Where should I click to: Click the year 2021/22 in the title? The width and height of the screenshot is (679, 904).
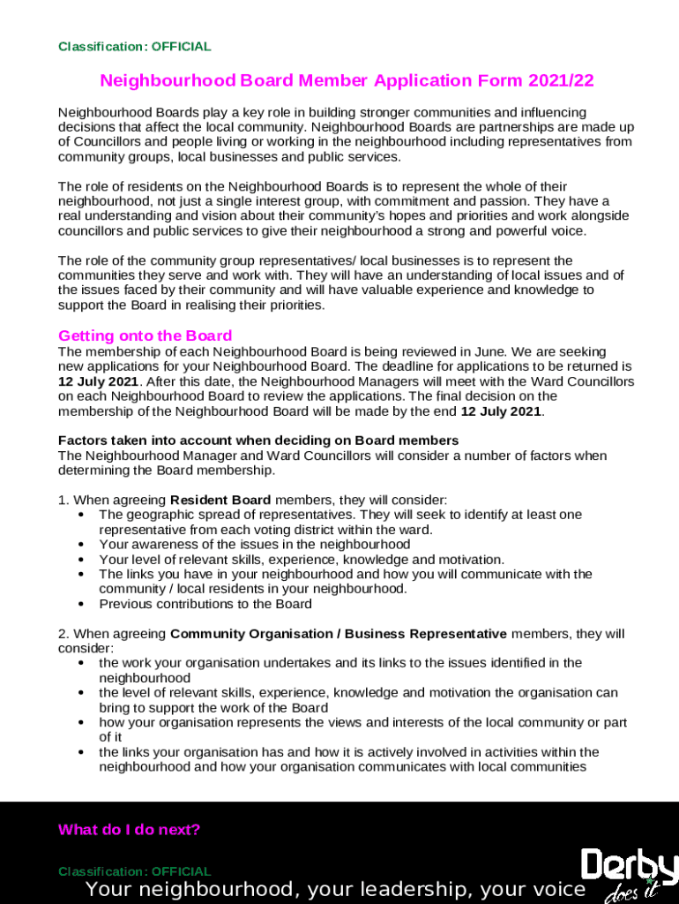pyautogui.click(x=561, y=81)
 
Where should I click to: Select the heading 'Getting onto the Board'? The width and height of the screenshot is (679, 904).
pyautogui.click(x=145, y=335)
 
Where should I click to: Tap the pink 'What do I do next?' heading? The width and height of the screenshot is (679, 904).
pyautogui.click(x=129, y=830)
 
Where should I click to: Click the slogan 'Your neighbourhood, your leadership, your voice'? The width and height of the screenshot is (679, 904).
pyautogui.click(x=336, y=889)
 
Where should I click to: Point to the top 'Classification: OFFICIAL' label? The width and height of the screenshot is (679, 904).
pyautogui.click(x=134, y=47)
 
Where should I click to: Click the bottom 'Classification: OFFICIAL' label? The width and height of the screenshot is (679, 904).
pyautogui.click(x=134, y=871)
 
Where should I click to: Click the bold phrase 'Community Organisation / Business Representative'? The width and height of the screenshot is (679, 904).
pyautogui.click(x=339, y=634)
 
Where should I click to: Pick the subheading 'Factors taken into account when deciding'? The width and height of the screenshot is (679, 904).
pyautogui.click(x=258, y=441)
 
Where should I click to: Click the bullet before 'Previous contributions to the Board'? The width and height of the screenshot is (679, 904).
pyautogui.click(x=81, y=605)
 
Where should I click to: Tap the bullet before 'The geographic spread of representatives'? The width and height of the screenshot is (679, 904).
pyautogui.click(x=81, y=515)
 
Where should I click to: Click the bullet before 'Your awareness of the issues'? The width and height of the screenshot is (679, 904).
pyautogui.click(x=81, y=545)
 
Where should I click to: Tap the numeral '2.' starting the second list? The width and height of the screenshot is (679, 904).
pyautogui.click(x=63, y=634)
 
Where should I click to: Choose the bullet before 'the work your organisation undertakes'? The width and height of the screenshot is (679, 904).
pyautogui.click(x=81, y=663)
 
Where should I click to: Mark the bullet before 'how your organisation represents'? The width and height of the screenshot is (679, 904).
pyautogui.click(x=81, y=722)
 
